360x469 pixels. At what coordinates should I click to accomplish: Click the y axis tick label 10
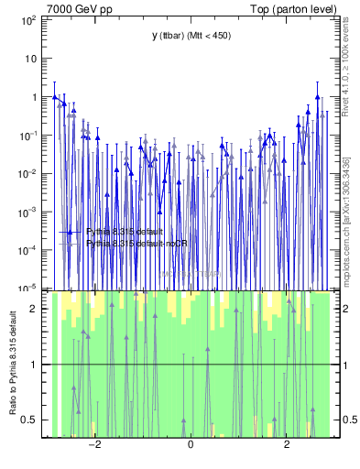(x=32, y=58)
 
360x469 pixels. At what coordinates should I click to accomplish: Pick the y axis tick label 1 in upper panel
(x=35, y=96)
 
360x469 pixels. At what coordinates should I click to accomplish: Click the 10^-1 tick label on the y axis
(x=28, y=135)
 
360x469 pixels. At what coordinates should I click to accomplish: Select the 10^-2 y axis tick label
(x=28, y=173)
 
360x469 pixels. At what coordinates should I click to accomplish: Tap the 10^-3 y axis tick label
(x=28, y=212)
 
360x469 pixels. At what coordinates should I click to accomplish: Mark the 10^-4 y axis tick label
(x=28, y=250)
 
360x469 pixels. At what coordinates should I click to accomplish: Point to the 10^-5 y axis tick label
(x=28, y=289)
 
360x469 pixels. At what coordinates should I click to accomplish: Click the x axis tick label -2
(x=93, y=446)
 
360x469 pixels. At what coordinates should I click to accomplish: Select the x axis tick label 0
(x=190, y=446)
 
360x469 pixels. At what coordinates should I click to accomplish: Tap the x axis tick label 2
(x=287, y=446)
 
